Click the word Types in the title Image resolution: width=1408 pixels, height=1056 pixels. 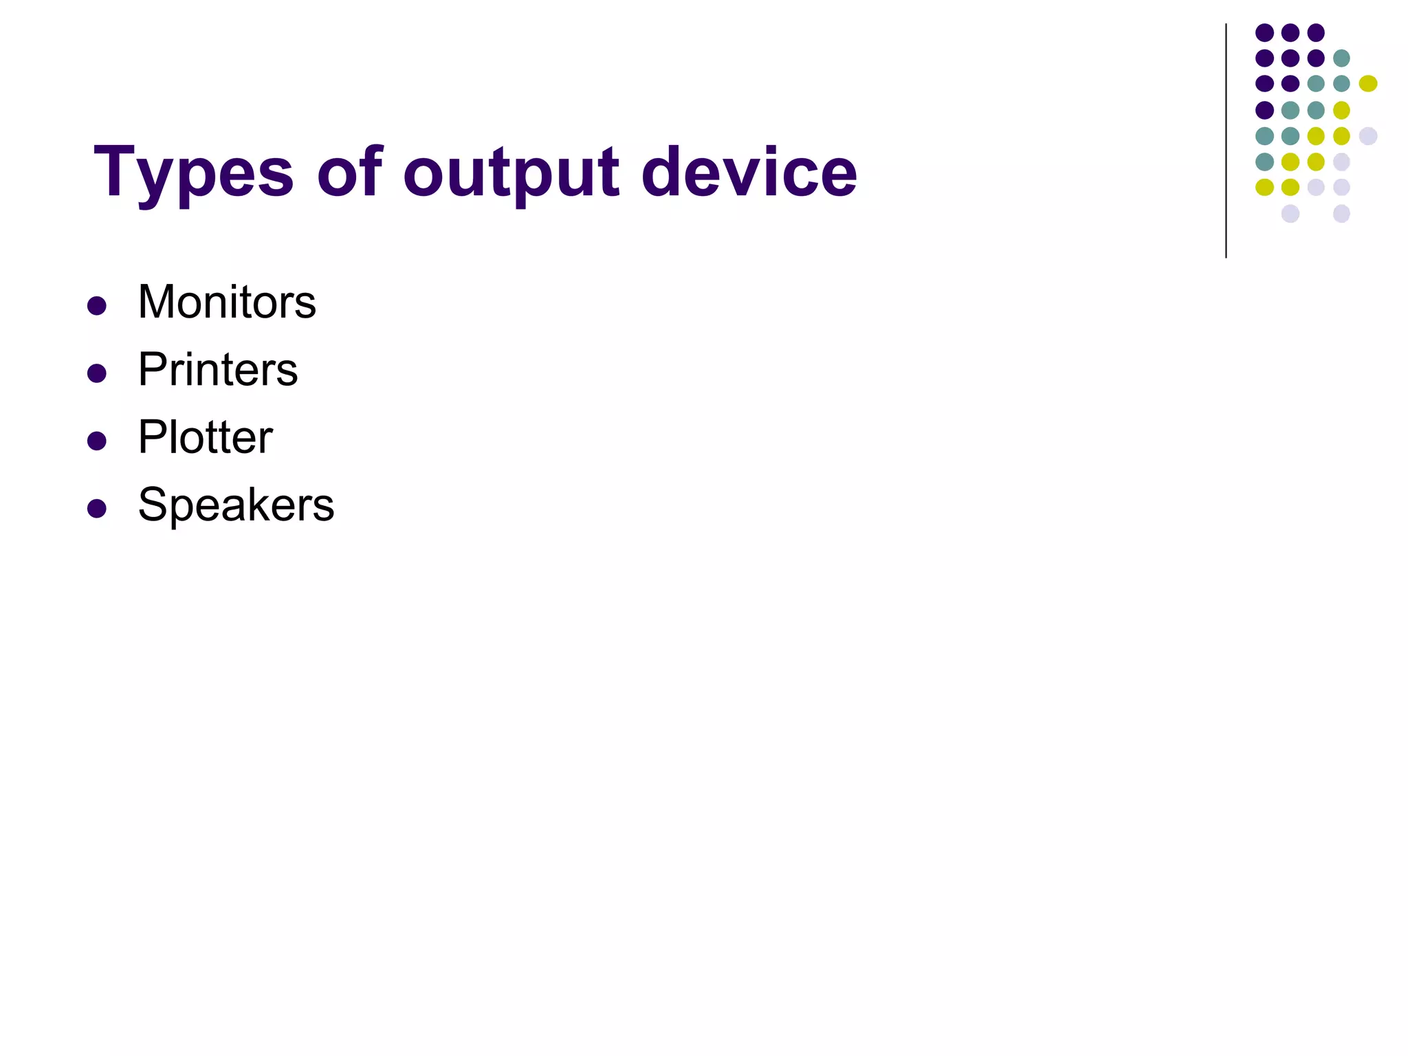point(193,173)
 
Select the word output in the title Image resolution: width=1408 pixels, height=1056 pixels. point(511,173)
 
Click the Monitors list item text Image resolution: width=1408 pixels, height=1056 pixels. point(227,302)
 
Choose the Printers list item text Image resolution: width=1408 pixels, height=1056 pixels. point(218,370)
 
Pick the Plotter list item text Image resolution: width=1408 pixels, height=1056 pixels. point(205,437)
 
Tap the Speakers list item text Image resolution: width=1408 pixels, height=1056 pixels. point(236,505)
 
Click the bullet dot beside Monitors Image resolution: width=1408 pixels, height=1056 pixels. point(97,306)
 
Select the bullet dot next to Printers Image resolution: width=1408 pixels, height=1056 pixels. point(97,373)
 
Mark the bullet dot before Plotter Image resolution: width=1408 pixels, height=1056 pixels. point(97,441)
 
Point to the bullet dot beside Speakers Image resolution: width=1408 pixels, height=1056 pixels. point(97,508)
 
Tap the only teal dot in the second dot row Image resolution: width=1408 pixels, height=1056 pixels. point(1341,58)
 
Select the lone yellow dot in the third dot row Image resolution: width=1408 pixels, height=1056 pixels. point(1368,83)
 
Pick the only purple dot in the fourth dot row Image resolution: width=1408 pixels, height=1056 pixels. point(1264,110)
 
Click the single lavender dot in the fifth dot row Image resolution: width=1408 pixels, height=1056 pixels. point(1368,136)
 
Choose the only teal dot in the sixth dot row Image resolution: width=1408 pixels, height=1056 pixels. point(1264,162)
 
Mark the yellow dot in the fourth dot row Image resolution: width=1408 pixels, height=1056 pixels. point(1341,110)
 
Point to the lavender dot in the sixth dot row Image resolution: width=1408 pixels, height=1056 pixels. point(1341,162)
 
